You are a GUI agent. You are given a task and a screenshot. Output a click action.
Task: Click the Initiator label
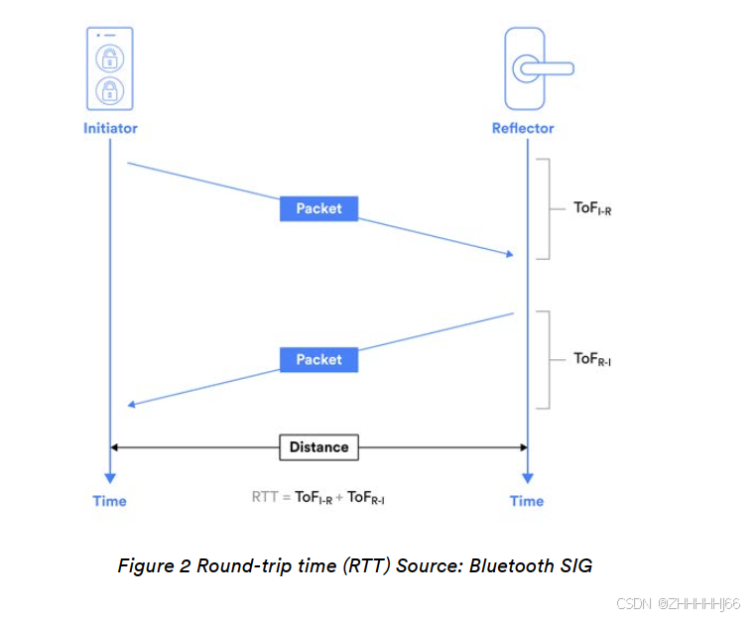[x=110, y=128]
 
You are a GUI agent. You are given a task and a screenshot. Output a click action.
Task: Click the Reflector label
[x=523, y=128]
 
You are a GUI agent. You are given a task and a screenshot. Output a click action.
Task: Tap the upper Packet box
[x=318, y=208]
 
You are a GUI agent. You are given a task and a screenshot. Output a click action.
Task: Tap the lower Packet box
[x=318, y=359]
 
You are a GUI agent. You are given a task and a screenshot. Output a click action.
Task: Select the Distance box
[x=318, y=447]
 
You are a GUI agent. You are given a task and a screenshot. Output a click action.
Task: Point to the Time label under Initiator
[x=110, y=501]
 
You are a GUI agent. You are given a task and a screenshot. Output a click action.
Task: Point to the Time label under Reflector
[x=527, y=501]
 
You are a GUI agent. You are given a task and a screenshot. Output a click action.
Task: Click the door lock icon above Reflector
[x=526, y=68]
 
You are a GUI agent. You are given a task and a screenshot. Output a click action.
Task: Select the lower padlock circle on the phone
[x=109, y=91]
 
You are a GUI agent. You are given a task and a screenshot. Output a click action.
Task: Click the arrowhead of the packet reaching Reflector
[x=509, y=255]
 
